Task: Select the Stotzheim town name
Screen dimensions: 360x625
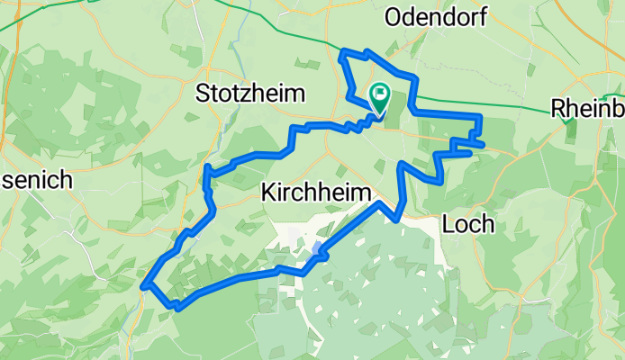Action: (251, 93)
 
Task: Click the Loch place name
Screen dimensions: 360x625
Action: (469, 224)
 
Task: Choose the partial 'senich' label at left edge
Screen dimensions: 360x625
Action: (36, 179)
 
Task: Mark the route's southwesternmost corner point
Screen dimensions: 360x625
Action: (145, 287)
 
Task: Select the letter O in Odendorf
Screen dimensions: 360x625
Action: (394, 16)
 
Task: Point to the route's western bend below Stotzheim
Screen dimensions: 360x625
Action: (207, 166)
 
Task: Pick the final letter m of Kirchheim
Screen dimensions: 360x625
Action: (364, 192)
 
